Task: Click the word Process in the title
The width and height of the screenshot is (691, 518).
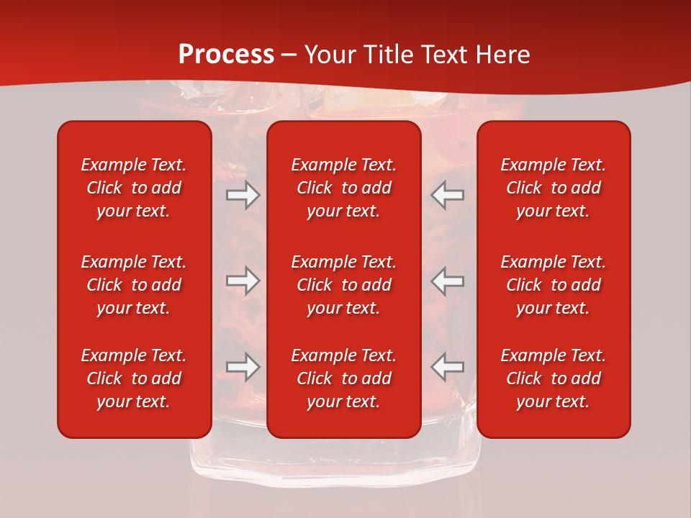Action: (x=226, y=55)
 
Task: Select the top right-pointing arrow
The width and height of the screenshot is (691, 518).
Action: (x=243, y=195)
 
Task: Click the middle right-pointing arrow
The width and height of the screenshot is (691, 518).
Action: (x=243, y=281)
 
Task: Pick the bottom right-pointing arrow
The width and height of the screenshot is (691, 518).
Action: (x=243, y=367)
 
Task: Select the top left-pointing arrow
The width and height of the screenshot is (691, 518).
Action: (x=448, y=195)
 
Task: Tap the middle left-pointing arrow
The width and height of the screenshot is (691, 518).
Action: (x=448, y=281)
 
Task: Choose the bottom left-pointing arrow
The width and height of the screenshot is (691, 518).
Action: (x=448, y=367)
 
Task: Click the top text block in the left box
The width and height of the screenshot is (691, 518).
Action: (x=134, y=188)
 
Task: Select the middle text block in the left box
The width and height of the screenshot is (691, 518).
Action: (x=134, y=285)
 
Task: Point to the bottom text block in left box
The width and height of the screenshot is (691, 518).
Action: (x=134, y=378)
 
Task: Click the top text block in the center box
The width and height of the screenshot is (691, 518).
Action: (x=343, y=188)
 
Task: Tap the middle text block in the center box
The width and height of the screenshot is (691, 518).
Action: (x=343, y=285)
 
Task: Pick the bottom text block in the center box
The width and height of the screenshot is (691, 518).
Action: (x=343, y=378)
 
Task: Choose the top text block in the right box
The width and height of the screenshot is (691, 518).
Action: (x=553, y=188)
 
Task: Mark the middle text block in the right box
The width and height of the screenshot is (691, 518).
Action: (x=553, y=285)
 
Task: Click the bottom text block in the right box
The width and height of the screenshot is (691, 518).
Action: (x=553, y=378)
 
